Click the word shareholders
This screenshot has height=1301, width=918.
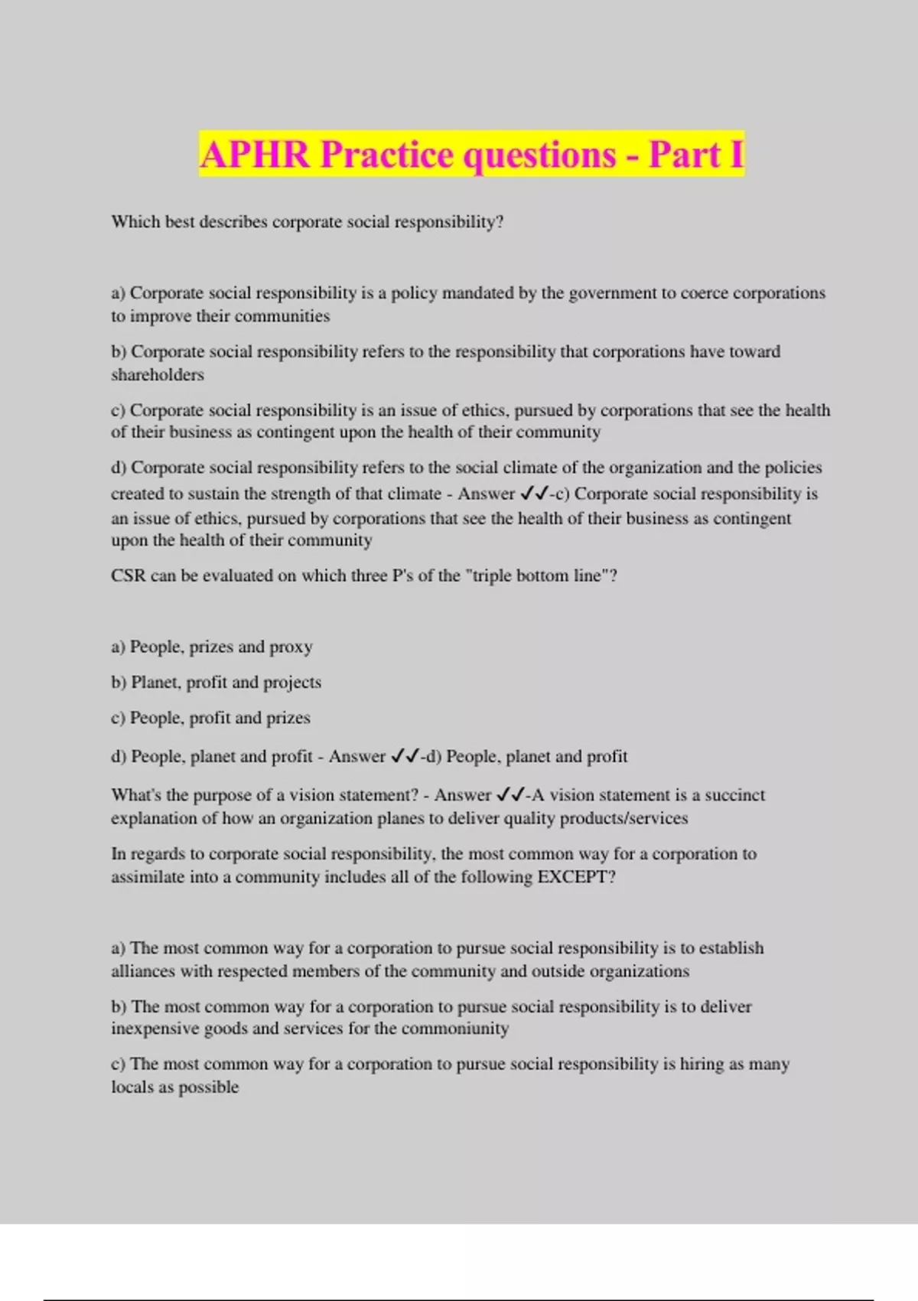tap(158, 375)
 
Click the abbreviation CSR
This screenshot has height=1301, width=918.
tap(128, 576)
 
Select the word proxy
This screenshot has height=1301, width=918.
tap(291, 647)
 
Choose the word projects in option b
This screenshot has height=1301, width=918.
tap(292, 683)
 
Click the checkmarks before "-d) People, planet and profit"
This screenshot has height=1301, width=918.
tap(405, 756)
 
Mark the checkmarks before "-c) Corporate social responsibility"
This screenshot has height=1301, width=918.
tap(534, 494)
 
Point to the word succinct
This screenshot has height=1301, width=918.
tap(734, 795)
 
